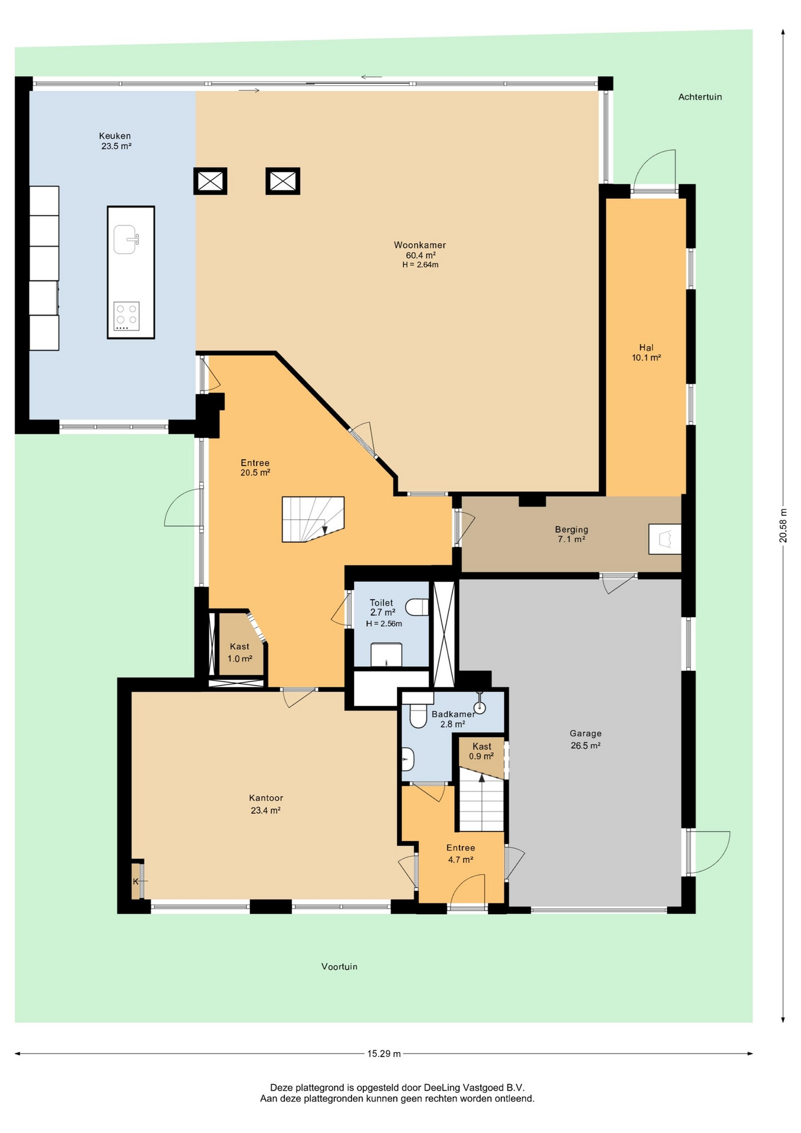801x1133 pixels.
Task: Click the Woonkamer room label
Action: coord(420,255)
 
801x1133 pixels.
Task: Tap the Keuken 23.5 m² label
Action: coord(116,141)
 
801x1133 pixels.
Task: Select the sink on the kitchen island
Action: coord(126,240)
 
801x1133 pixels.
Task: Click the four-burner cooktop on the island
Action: coord(126,316)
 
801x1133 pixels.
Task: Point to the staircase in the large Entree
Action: coord(313,519)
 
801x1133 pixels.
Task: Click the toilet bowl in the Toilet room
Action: coord(417,607)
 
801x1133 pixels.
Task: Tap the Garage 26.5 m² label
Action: coord(586,739)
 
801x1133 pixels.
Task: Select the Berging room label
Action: coord(572,534)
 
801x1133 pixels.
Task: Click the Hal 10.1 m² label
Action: coord(646,352)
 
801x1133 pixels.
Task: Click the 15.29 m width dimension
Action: coord(384,1053)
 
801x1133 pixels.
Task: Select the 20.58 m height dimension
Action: coord(783,525)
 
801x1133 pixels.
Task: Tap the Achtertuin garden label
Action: coord(700,97)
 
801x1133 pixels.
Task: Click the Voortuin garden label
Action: coord(339,967)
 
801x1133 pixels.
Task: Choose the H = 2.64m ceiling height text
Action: coord(421,265)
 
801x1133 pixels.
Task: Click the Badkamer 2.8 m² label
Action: coord(453,719)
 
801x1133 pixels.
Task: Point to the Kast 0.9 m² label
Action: coord(481,751)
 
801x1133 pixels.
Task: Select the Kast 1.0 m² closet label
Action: coord(240,653)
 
